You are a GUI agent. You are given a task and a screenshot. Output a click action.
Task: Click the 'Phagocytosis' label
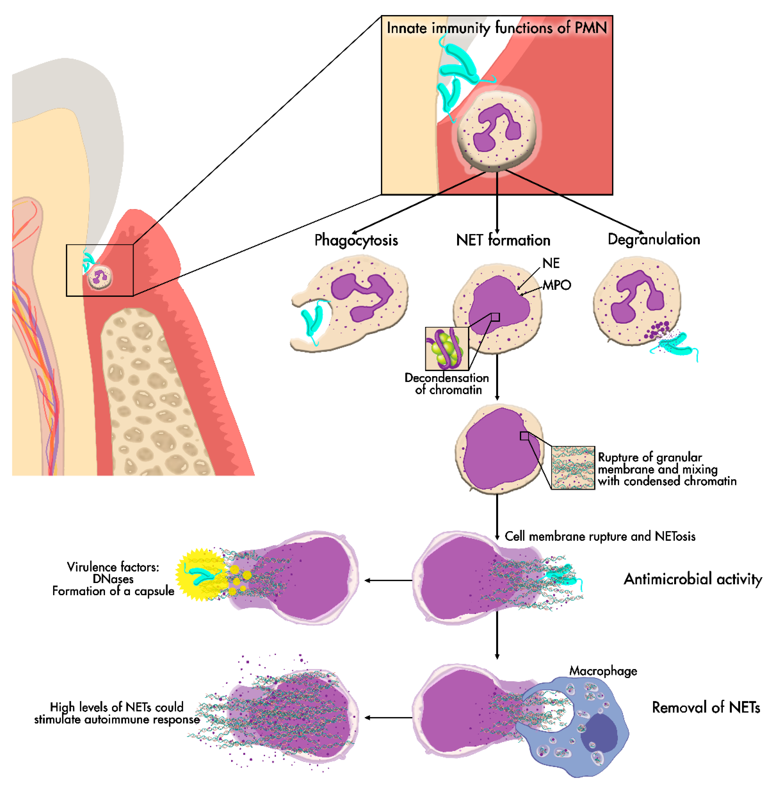(356, 240)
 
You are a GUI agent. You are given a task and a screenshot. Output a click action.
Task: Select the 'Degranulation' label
(654, 239)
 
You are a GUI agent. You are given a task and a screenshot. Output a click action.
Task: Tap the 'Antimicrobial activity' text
(693, 579)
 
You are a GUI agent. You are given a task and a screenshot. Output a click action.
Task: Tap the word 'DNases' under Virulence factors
(113, 579)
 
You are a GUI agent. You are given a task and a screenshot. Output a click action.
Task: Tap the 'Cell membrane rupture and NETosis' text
(600, 536)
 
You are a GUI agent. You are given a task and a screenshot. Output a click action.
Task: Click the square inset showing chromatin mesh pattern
(572, 468)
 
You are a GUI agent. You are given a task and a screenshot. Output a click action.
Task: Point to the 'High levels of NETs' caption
(117, 713)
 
